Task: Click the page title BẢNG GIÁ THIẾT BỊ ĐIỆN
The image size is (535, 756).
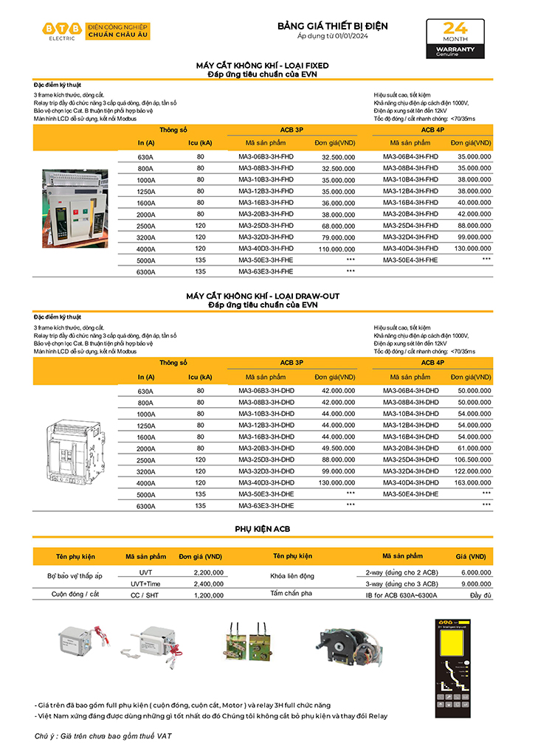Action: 332,26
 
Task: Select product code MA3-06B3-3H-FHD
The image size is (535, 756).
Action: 266,157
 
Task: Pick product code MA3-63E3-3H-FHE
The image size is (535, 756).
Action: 266,271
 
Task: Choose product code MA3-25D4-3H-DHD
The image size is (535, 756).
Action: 410,460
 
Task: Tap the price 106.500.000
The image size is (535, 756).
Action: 469,460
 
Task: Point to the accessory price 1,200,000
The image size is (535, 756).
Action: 208,594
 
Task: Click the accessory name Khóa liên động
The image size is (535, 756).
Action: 292,576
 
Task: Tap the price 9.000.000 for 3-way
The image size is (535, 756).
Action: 475,583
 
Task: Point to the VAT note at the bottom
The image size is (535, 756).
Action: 103,736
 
